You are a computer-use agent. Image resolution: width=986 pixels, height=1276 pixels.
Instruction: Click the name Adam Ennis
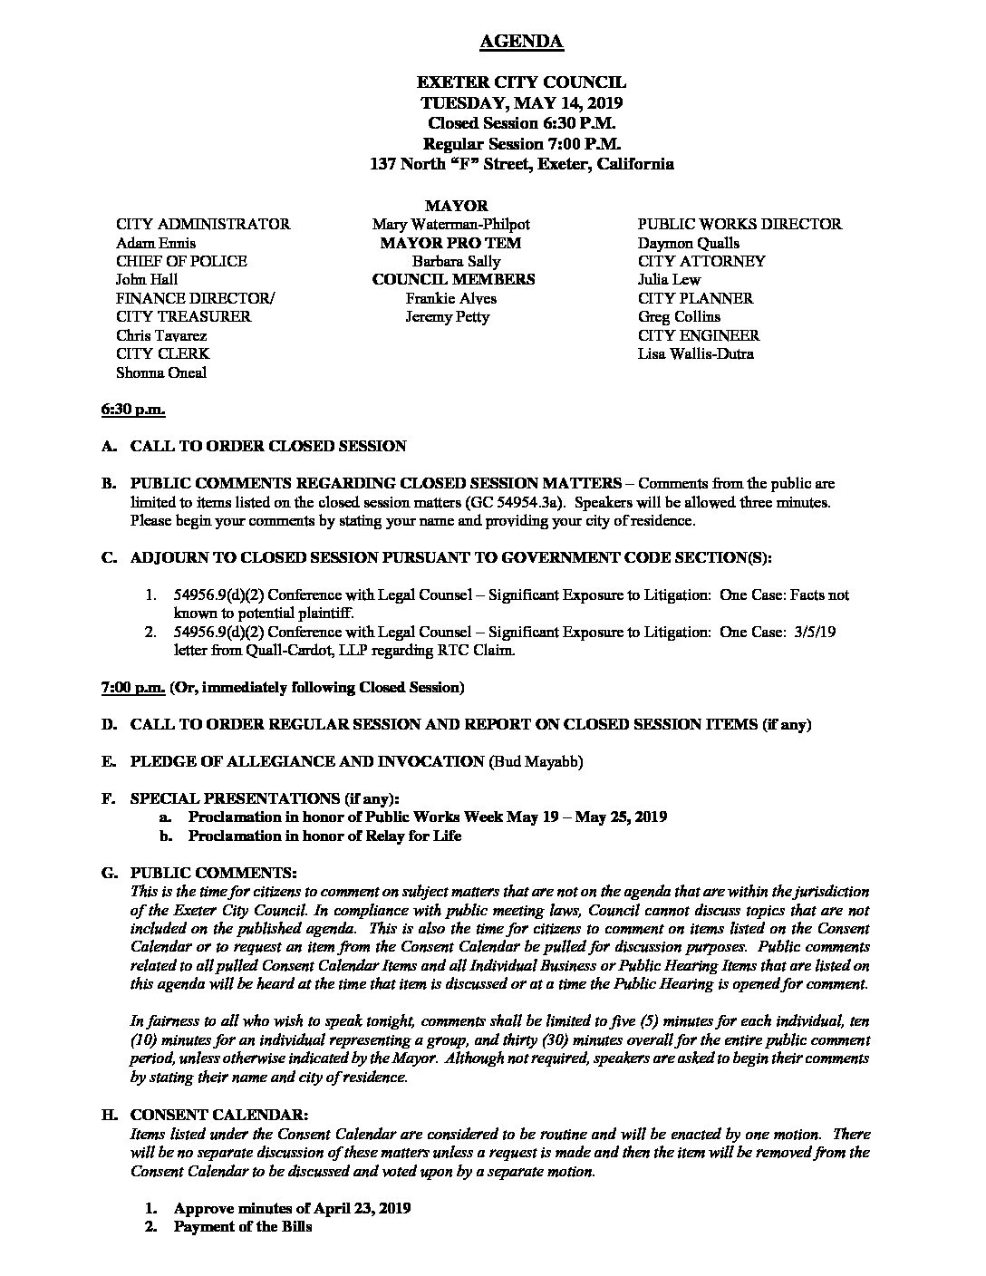(155, 243)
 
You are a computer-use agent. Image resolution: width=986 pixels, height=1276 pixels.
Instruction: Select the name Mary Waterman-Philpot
(450, 224)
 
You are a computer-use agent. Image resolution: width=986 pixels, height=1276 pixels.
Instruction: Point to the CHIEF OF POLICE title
(181, 261)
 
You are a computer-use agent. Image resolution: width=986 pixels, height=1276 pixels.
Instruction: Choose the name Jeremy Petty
(448, 316)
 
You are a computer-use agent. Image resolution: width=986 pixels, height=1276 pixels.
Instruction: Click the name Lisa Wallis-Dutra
(695, 353)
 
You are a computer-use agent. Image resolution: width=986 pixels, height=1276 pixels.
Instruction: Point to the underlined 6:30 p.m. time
(132, 410)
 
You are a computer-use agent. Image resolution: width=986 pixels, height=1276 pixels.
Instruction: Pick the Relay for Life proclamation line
(324, 836)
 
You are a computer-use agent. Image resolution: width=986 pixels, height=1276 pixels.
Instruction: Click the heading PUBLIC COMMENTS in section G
(213, 873)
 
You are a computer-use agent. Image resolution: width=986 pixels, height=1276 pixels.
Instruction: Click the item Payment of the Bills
(243, 1227)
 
